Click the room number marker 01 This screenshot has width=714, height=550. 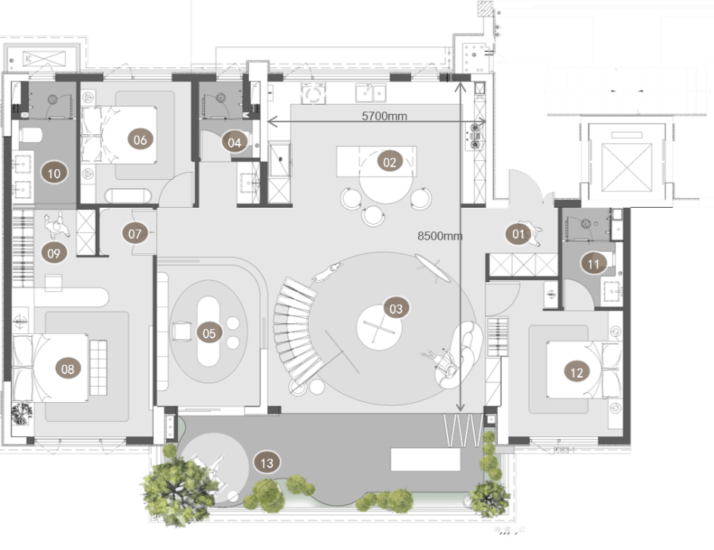(x=518, y=234)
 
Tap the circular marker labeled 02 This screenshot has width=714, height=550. (x=390, y=162)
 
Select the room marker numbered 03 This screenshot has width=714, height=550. (x=396, y=310)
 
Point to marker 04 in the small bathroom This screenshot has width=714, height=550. (x=234, y=143)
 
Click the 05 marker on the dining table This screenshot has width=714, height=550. (x=209, y=333)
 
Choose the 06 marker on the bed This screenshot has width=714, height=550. (x=140, y=140)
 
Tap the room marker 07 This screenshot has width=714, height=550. (x=135, y=234)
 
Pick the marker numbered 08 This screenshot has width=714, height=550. (x=68, y=369)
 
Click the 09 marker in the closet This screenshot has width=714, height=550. (x=54, y=253)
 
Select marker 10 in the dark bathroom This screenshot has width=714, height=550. (x=54, y=173)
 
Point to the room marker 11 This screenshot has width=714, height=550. (x=593, y=264)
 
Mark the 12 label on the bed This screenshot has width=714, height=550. (x=577, y=372)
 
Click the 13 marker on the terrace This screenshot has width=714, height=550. (x=267, y=463)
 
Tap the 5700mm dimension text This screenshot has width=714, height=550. (x=385, y=116)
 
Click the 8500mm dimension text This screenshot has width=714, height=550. (x=440, y=236)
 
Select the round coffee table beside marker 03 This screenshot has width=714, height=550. (x=379, y=328)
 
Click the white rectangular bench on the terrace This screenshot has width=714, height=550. (x=426, y=460)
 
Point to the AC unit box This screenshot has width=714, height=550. (x=44, y=58)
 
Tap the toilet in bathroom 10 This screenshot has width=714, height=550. (x=31, y=135)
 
